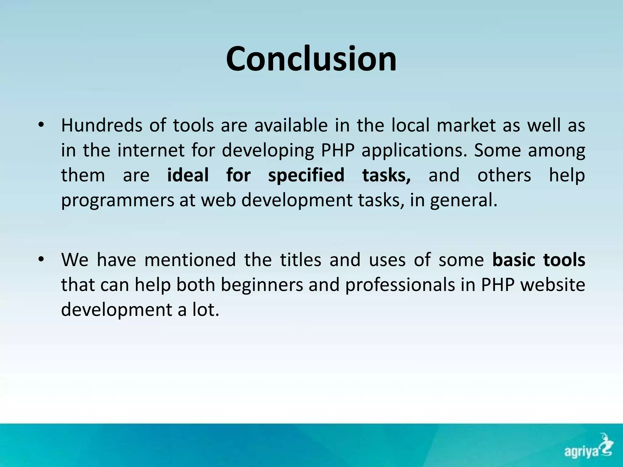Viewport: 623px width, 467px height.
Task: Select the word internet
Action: click(x=151, y=150)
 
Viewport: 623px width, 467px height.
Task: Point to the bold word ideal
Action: click(x=188, y=175)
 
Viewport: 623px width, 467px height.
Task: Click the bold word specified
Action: click(x=306, y=175)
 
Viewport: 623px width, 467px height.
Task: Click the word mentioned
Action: click(x=190, y=260)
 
